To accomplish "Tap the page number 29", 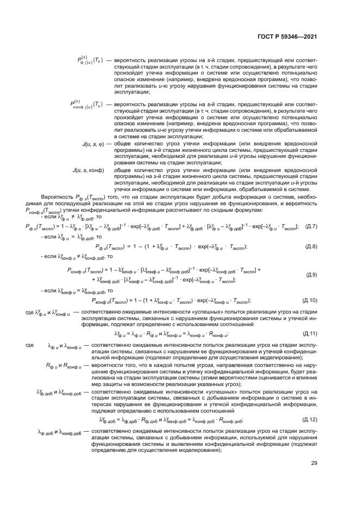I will point(314,463).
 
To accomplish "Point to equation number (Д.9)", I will point(312,275).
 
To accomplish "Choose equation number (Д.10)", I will point(309,300).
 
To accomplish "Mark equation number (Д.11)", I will point(309,333).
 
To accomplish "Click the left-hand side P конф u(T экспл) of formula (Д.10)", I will point(112,300).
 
